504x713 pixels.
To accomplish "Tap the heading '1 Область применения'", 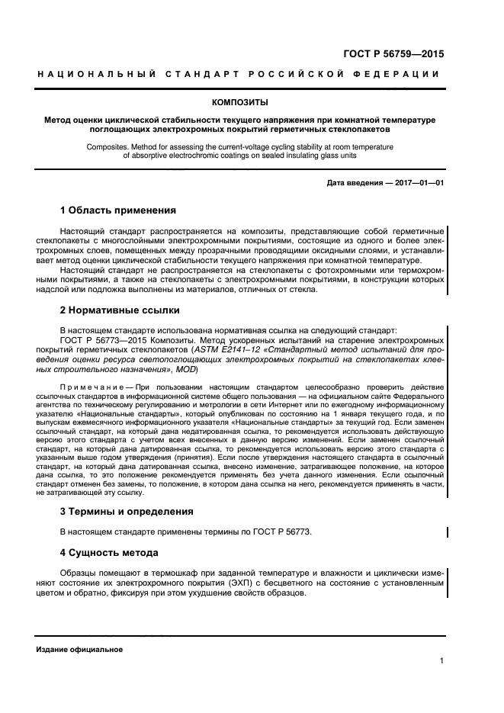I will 118,210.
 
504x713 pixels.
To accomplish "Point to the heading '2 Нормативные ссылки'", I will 120,311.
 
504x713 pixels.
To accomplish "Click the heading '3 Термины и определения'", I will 126,511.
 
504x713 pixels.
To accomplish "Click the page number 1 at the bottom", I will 441,661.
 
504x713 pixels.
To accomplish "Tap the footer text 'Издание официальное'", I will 80,649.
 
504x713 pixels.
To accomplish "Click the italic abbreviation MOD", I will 185,369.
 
